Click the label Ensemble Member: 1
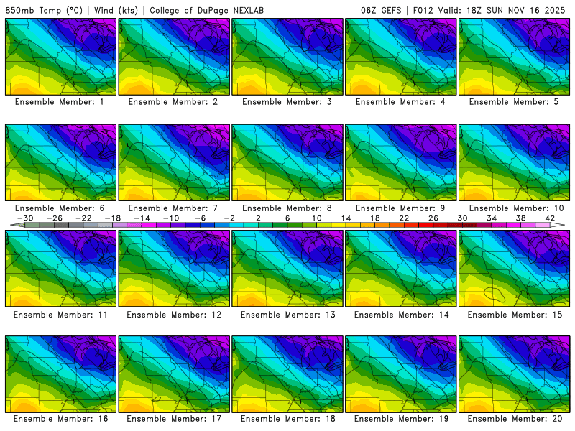61,102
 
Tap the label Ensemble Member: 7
175,208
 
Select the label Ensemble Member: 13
288,315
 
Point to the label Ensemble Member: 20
515,419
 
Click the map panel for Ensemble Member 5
515,57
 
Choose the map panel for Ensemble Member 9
401,163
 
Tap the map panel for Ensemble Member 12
175,269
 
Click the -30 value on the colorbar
25,218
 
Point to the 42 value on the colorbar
549,218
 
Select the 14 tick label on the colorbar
346,218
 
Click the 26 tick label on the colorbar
433,218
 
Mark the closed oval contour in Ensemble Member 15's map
494,293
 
